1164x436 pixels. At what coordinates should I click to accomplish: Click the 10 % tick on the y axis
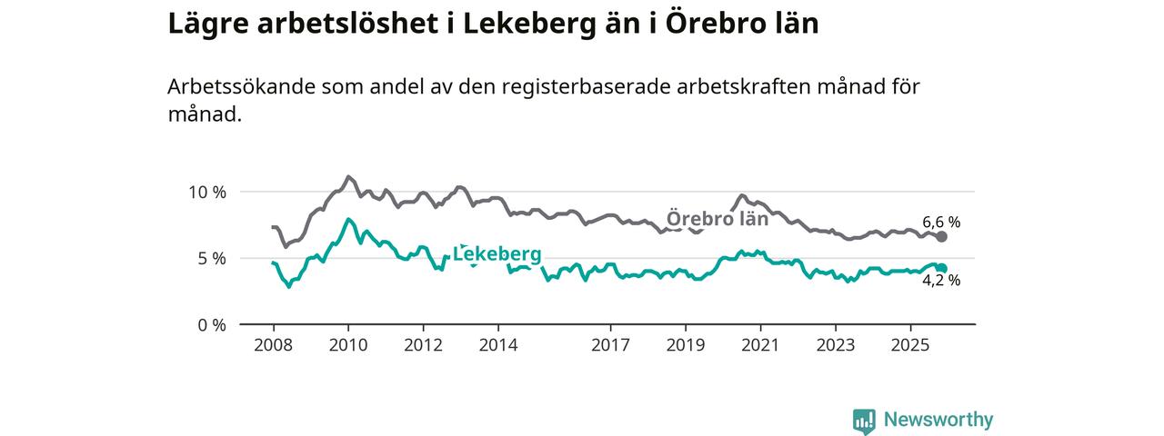pos(206,193)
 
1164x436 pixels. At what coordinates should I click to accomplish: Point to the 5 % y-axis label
pos(211,259)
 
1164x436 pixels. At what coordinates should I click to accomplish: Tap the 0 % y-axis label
pos(211,325)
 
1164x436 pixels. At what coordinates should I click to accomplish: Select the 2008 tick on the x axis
pos(273,346)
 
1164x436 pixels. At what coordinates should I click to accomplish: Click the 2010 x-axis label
pos(347,346)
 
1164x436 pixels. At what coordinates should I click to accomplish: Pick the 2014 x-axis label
pos(497,346)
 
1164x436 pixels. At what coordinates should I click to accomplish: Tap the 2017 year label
pos(610,346)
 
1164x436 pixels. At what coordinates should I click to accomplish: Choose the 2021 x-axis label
pos(759,346)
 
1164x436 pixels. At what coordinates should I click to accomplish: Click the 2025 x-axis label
pos(910,346)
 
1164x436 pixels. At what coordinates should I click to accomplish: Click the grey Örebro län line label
pos(717,219)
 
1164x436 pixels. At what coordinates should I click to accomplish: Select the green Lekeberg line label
pos(497,254)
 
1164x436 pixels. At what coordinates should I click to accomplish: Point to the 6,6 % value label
pos(941,222)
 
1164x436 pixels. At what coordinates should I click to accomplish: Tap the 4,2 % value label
pos(941,281)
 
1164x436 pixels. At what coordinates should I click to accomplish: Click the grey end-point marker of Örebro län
pos(942,236)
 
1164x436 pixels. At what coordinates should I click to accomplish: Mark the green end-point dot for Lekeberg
pos(942,268)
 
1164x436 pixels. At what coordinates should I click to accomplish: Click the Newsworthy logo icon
pos(864,421)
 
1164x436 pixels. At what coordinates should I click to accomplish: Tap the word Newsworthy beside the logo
pos(938,421)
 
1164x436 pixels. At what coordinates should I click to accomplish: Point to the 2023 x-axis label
pos(835,346)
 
